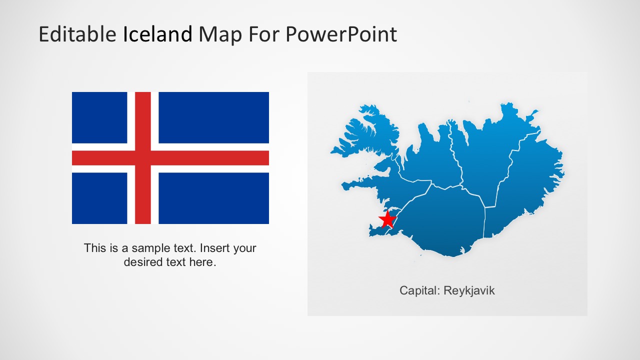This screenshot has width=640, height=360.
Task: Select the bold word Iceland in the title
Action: tap(157, 34)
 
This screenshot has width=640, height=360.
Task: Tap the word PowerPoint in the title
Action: tap(341, 34)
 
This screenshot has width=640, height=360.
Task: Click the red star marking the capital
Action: tap(387, 219)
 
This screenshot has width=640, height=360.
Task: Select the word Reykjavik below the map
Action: tap(469, 290)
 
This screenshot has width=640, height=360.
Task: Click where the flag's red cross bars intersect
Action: tap(143, 158)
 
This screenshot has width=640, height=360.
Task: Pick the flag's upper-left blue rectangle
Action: tap(99, 117)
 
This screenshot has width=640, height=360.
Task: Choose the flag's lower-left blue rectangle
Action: tap(99, 198)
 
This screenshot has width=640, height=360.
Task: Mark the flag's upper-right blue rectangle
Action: tap(213, 117)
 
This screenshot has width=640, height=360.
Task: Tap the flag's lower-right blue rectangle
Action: tap(213, 198)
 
